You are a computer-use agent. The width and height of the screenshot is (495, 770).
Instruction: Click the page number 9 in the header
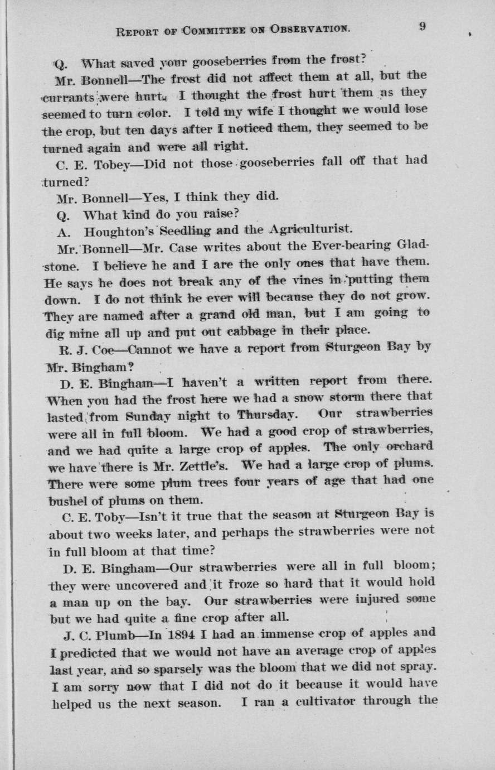(x=422, y=26)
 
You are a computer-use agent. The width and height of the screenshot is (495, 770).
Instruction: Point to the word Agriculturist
(x=311, y=229)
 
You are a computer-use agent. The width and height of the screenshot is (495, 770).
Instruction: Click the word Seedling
(x=187, y=230)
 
